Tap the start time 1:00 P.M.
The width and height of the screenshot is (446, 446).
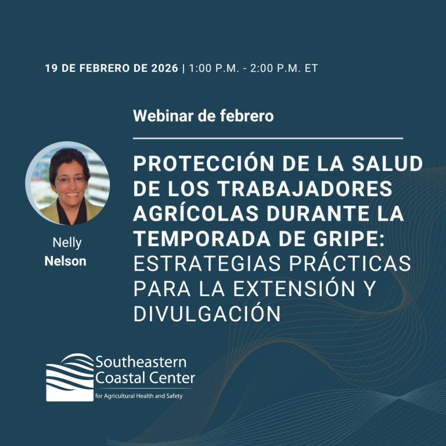pos(214,69)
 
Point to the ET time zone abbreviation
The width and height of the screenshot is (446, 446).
pos(311,69)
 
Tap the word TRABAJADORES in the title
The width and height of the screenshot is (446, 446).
pos(305,189)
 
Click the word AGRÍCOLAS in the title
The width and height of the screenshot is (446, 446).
pos(196,213)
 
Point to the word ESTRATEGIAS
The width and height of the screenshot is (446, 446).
pos(207,264)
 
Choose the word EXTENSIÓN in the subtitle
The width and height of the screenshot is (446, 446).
pos(294,288)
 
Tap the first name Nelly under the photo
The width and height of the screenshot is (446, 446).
pos(67,243)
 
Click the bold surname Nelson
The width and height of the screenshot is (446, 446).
pos(66,261)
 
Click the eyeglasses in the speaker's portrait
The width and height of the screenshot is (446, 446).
pos(70,179)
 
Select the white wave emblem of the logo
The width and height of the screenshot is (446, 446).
pos(70,377)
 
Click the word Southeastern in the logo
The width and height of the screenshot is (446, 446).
pos(141,362)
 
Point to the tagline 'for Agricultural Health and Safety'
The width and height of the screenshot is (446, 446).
pos(139,396)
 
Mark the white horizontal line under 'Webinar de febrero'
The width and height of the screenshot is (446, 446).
pos(268,138)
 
